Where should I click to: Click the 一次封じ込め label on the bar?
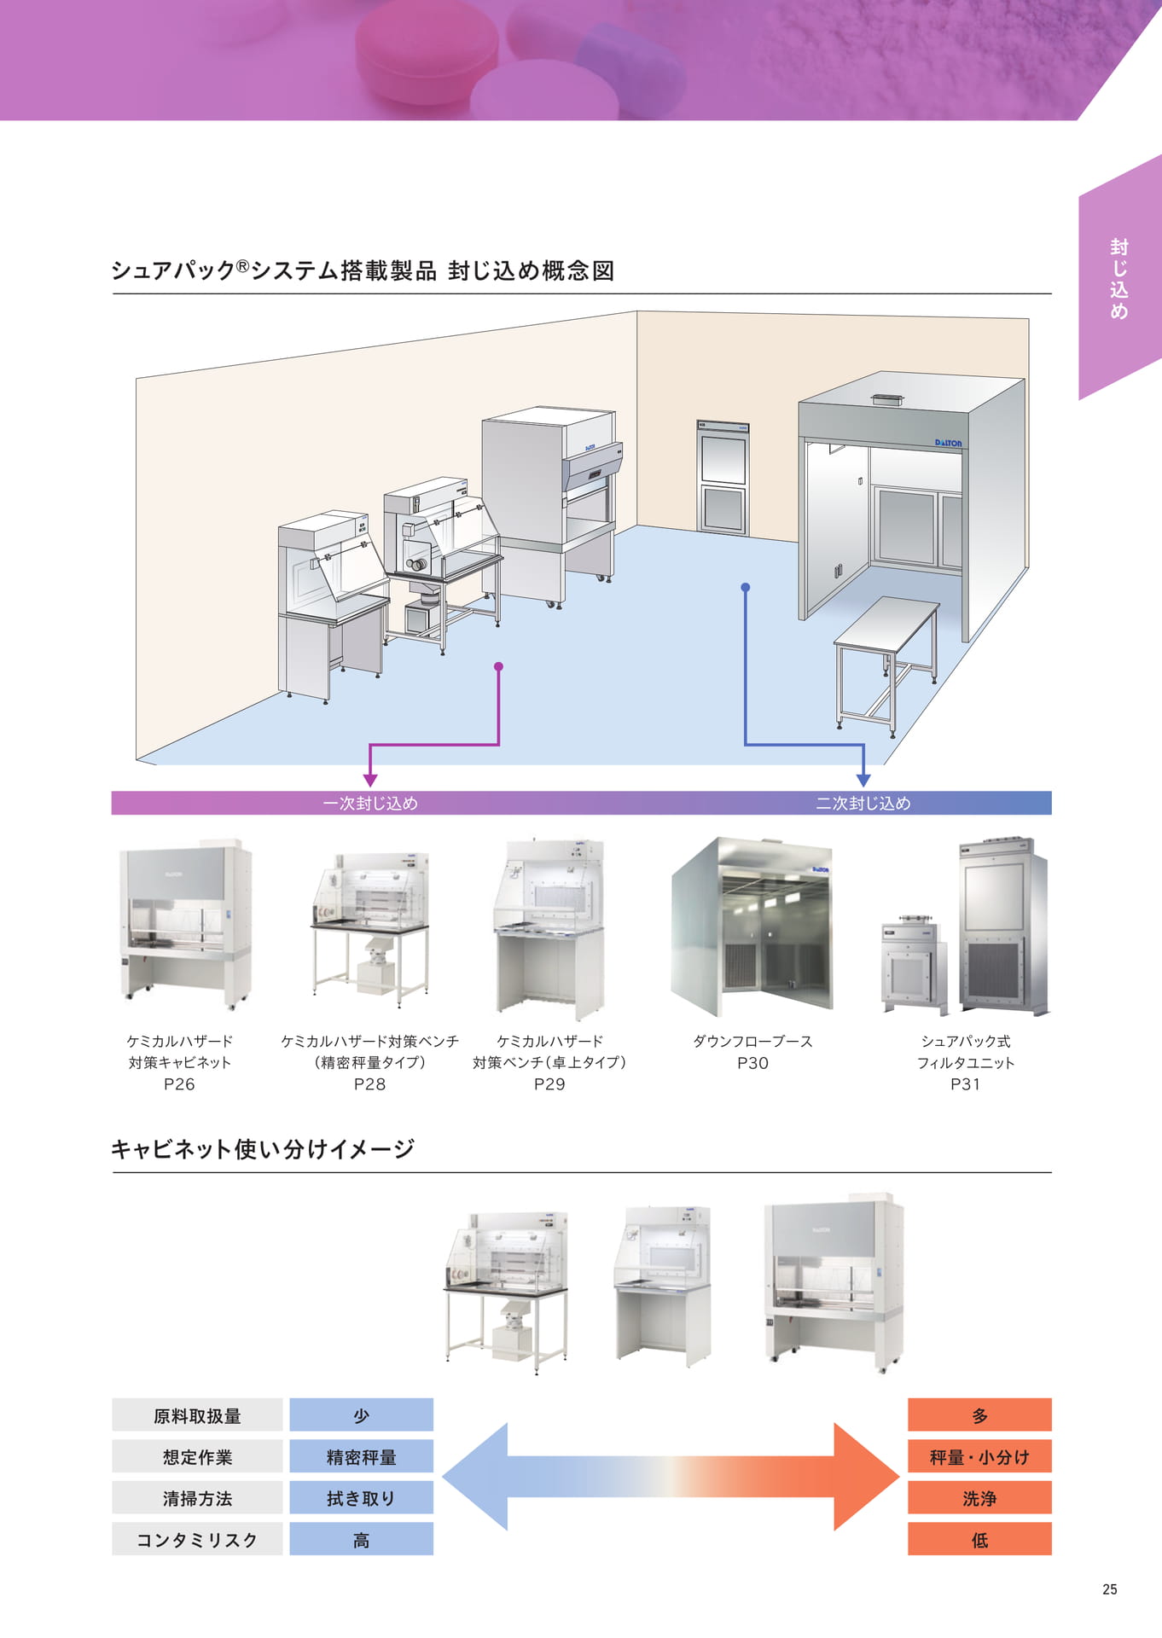(x=370, y=803)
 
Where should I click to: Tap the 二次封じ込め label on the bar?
(x=863, y=803)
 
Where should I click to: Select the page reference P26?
(x=179, y=1084)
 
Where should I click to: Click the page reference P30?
(x=752, y=1063)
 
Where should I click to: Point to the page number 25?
(x=1109, y=1589)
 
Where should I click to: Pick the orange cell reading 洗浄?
(x=979, y=1498)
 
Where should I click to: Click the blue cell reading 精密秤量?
(x=362, y=1457)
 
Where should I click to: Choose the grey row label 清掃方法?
(x=197, y=1498)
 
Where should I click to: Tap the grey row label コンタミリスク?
(x=197, y=1540)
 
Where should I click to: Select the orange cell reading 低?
(x=979, y=1540)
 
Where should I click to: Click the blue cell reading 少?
(x=362, y=1415)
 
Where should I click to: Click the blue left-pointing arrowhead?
(x=476, y=1477)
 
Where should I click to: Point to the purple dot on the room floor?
(x=498, y=666)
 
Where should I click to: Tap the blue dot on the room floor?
(x=745, y=588)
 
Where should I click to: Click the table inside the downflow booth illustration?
(x=886, y=661)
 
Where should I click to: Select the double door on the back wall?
(x=723, y=477)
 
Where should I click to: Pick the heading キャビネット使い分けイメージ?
(x=263, y=1149)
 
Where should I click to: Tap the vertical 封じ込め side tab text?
(x=1118, y=279)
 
